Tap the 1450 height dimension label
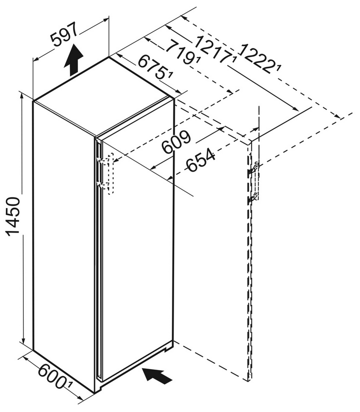(x=13, y=216)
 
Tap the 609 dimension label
(x=176, y=142)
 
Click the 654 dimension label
(x=201, y=160)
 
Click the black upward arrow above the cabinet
(x=73, y=59)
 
